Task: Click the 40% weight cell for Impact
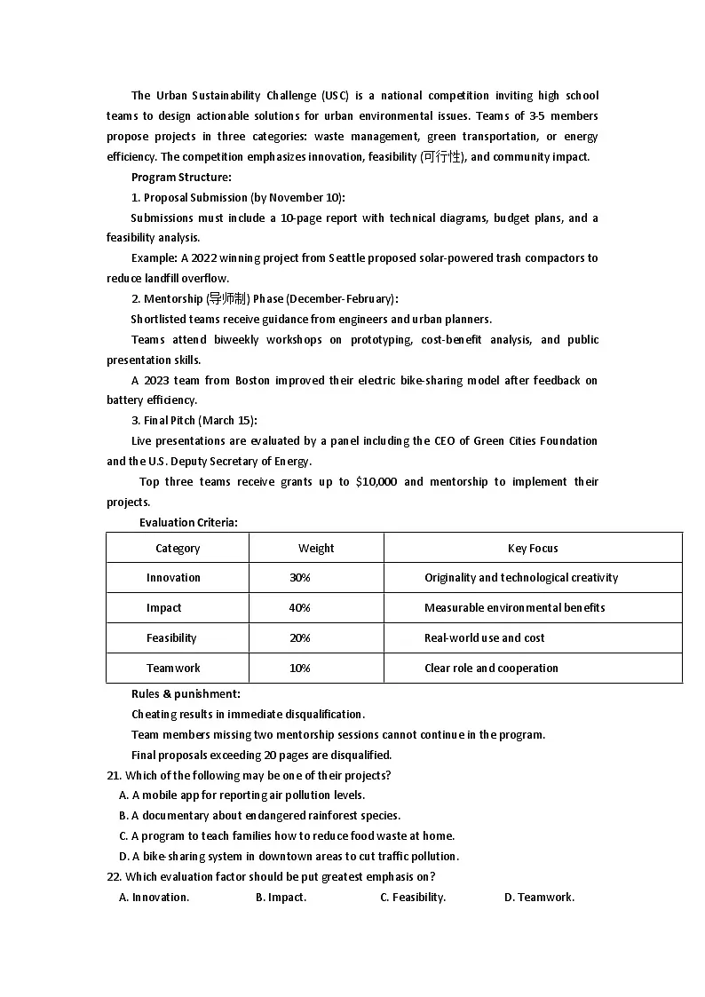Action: tap(299, 608)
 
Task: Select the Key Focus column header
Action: tap(533, 548)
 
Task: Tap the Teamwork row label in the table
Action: tap(173, 669)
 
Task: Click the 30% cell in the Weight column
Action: tap(299, 578)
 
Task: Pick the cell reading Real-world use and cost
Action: tap(484, 638)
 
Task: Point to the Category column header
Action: tap(178, 548)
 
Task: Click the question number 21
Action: tap(113, 776)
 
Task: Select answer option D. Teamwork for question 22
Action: tap(539, 898)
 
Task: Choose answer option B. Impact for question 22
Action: tap(281, 898)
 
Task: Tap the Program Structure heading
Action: tap(181, 178)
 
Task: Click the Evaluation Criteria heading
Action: tap(188, 523)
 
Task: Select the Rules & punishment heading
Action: tap(186, 694)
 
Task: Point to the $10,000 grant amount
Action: tap(376, 482)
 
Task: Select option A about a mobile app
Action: tap(242, 795)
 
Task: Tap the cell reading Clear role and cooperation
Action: tap(491, 669)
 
